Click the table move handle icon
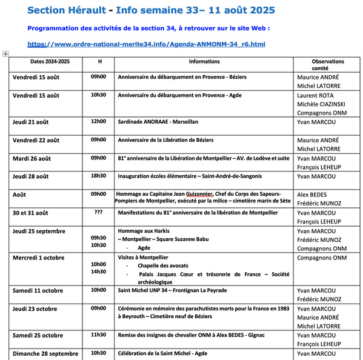(x=5, y=54)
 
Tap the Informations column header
(x=204, y=61)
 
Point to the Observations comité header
(x=327, y=65)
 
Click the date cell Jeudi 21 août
(x=31, y=122)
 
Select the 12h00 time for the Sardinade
(x=98, y=121)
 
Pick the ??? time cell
(x=98, y=213)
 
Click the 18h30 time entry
(x=98, y=176)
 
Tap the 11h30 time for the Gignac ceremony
(x=98, y=335)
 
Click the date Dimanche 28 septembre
(x=45, y=353)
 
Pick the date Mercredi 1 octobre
(x=38, y=258)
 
